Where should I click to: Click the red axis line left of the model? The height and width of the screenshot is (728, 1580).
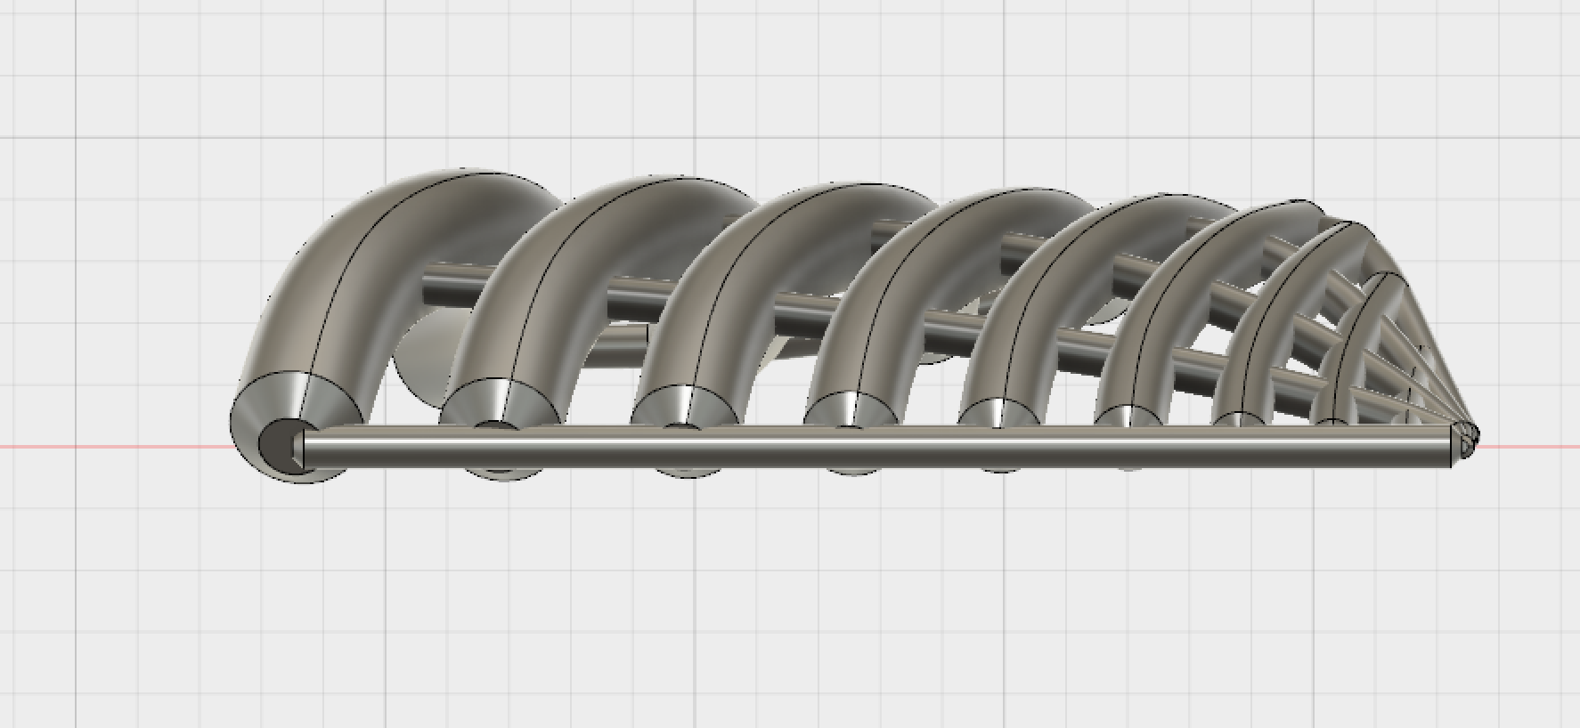point(107,446)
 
